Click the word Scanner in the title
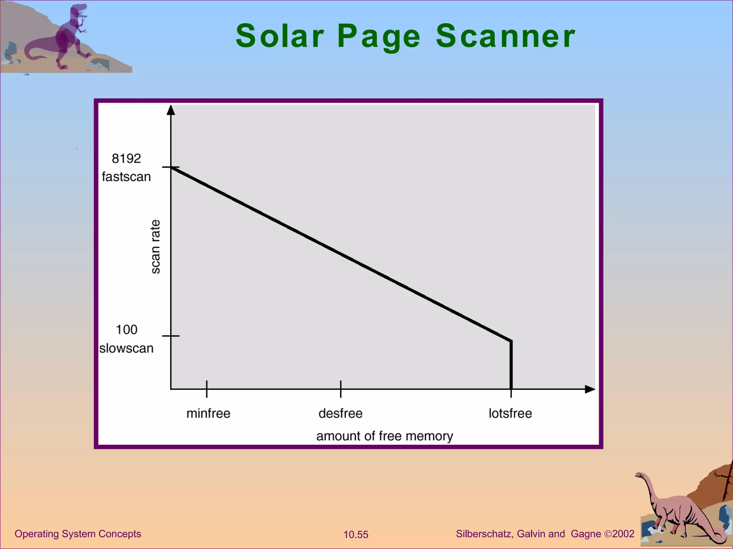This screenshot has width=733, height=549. pos(505,36)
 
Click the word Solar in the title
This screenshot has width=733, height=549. pos(280,36)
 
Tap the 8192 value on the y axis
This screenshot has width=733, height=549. pos(126,158)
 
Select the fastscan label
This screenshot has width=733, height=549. pos(126,177)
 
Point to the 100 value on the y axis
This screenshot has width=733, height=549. pos(126,330)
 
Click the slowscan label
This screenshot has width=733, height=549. pos(126,348)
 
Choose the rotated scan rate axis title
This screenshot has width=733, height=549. pos(155,247)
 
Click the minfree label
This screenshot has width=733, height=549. pos(208,414)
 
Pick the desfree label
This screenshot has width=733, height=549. pos(340,414)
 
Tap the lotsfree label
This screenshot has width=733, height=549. pos(510,414)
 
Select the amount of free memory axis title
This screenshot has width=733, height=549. pos(384,436)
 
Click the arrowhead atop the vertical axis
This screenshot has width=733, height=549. pos(171,110)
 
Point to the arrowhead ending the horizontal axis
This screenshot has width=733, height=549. pos(590,389)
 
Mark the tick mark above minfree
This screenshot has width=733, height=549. pos(207,389)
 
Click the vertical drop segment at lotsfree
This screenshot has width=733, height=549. pos(511,365)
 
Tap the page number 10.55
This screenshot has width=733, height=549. pos(356,535)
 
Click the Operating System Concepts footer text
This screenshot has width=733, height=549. pos(78,534)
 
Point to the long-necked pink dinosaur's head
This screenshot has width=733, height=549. pos(639,475)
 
